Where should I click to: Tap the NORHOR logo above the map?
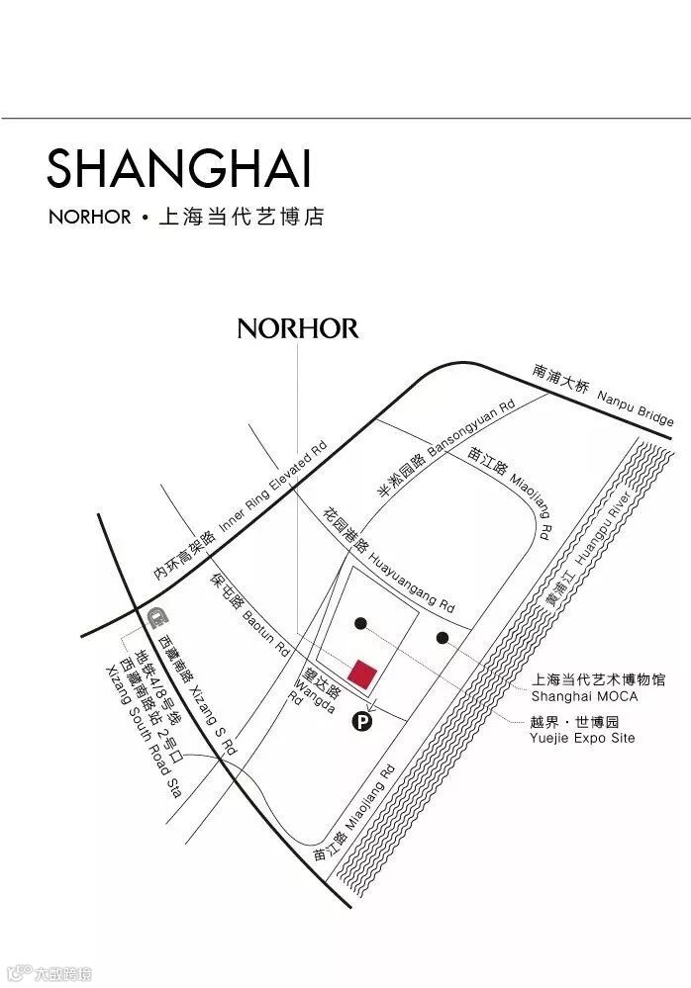(x=297, y=328)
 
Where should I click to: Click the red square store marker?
(x=364, y=674)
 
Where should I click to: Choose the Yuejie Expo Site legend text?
(x=583, y=730)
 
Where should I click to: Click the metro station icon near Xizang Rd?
(x=153, y=619)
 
